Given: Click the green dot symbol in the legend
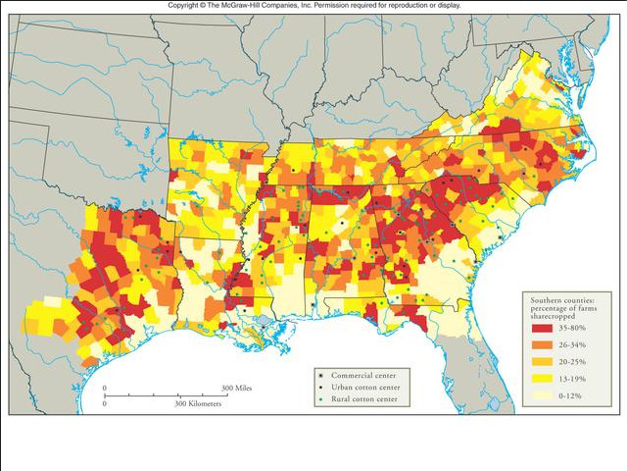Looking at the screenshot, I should click(x=320, y=400).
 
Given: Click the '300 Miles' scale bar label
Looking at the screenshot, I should click(x=237, y=390).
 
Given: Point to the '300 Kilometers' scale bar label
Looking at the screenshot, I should click(x=199, y=403).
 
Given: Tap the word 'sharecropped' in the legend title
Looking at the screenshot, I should click(x=555, y=314).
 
